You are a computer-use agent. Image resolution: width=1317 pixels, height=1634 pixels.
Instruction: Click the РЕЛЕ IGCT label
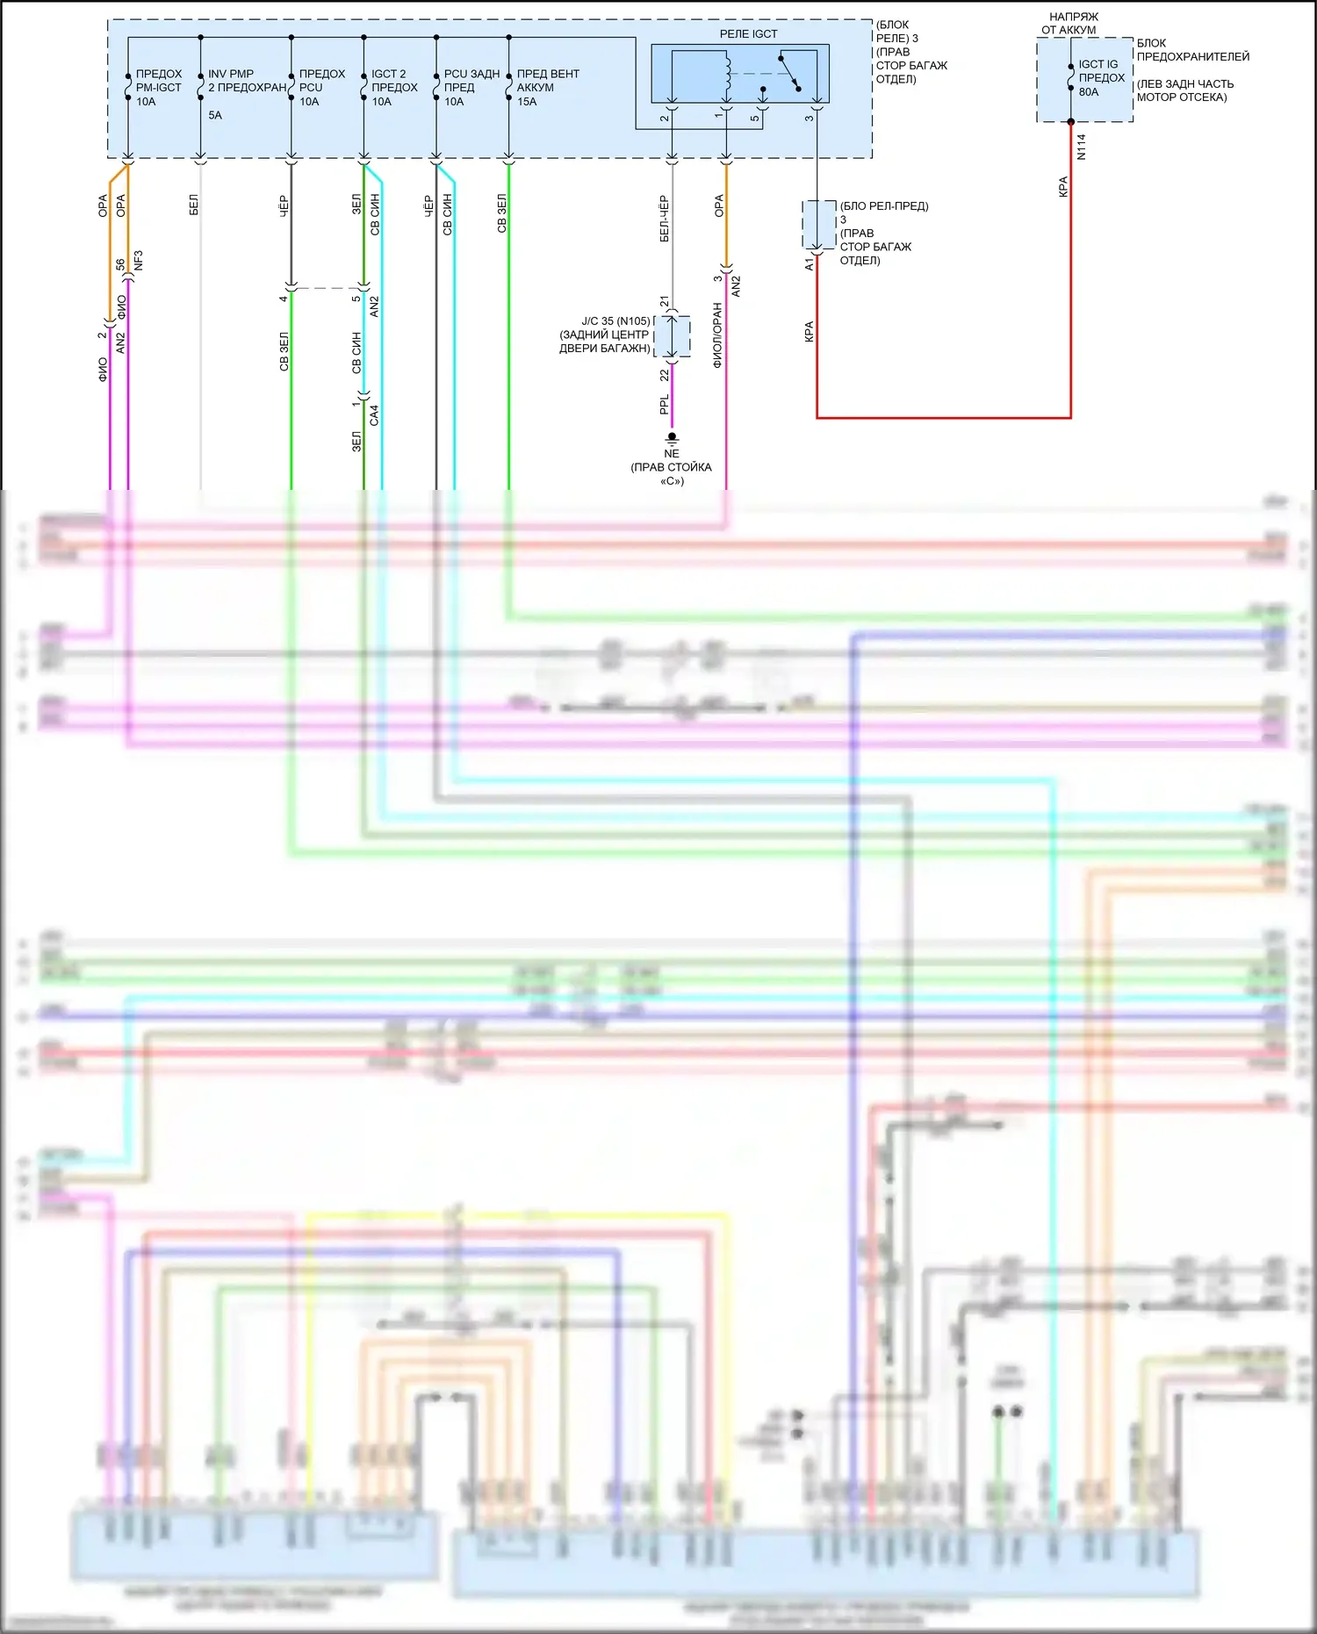pos(748,34)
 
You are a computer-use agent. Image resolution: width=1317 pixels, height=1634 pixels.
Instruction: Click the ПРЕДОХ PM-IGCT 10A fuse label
pos(158,88)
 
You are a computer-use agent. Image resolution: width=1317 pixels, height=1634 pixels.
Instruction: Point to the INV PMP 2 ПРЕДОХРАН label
pos(247,81)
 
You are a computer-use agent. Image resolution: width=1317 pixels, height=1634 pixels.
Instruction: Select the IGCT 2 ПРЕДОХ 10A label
pos(393,88)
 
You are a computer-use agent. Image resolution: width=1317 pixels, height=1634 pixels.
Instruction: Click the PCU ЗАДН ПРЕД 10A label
pos(471,88)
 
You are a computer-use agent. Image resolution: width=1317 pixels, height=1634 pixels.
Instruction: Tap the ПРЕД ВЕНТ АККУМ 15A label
pos(547,88)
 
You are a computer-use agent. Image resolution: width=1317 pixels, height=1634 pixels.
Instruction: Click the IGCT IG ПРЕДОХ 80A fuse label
pos(1100,78)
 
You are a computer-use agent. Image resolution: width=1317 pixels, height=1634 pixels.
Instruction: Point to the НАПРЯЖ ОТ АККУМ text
pos(1071,24)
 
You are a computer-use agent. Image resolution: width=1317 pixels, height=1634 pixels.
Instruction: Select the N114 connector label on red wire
pos(1081,147)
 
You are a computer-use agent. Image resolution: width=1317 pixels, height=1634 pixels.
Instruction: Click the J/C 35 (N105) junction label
pos(615,321)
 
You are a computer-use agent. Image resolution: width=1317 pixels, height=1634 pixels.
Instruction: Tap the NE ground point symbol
pos(672,437)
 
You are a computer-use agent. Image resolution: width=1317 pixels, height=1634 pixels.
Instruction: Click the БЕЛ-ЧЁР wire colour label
pos(664,219)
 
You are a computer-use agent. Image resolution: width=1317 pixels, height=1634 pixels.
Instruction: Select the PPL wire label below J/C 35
pos(664,404)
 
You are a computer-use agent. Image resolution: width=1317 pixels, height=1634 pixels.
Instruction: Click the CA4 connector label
pos(374,415)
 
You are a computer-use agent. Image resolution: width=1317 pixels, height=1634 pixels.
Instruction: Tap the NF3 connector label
pos(138,261)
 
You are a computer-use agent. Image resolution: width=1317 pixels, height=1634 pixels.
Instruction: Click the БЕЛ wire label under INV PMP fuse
pos(193,205)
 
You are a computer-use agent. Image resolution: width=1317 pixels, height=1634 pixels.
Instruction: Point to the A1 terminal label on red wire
pos(809,263)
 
